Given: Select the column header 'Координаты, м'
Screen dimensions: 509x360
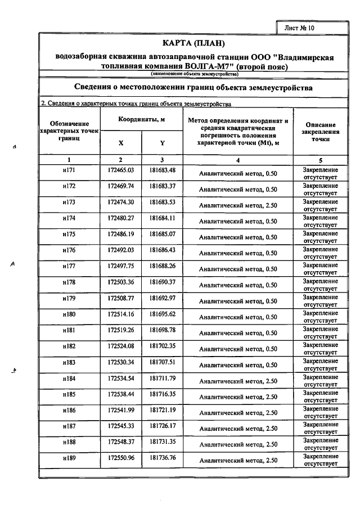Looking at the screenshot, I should (141, 120).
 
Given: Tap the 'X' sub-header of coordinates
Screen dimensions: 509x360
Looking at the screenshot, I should (121, 143).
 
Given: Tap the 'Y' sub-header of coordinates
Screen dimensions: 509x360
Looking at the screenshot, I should (162, 143).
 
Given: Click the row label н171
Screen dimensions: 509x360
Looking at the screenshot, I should (69, 170).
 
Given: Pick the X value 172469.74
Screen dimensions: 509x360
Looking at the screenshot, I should (121, 186).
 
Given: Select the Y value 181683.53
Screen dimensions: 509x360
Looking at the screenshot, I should (163, 202).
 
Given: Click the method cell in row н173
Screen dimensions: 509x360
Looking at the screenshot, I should (238, 205).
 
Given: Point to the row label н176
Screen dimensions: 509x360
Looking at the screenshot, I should (69, 250).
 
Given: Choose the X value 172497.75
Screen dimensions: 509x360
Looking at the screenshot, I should (121, 265).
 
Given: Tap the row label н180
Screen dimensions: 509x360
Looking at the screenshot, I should (69, 314).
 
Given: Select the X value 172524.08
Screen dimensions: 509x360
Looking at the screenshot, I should (121, 345).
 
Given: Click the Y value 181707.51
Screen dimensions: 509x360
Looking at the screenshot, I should (163, 362).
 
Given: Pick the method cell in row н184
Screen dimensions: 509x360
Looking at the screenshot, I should (238, 381).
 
